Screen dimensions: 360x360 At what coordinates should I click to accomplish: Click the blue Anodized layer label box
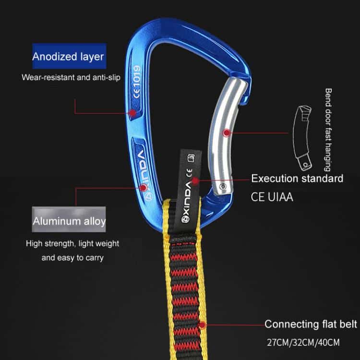(69, 56)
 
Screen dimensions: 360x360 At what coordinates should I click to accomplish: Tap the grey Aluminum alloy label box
(69, 219)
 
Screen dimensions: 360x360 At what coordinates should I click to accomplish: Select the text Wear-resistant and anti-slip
(71, 77)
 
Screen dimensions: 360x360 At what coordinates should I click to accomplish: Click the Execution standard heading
(297, 179)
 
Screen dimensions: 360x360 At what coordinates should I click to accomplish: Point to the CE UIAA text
(272, 197)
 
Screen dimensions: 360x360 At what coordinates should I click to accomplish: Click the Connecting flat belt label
(311, 324)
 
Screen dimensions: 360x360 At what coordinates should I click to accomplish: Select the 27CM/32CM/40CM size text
(303, 342)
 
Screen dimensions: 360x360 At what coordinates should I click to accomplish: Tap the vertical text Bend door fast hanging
(328, 130)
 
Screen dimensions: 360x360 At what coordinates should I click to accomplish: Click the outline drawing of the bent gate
(302, 138)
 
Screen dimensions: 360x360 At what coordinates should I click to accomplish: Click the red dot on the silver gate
(227, 132)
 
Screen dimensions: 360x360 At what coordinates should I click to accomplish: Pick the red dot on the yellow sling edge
(202, 325)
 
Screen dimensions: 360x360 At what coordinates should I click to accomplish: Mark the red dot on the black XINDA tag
(195, 181)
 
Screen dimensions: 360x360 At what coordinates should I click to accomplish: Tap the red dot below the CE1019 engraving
(132, 113)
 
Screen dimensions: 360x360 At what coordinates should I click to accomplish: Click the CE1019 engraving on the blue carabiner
(137, 82)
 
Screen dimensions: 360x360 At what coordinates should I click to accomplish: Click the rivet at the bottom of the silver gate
(223, 186)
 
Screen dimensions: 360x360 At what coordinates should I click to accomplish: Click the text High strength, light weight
(72, 243)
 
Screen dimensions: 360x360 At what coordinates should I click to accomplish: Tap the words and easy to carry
(72, 258)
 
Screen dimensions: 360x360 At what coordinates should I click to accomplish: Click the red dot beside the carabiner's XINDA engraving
(144, 188)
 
